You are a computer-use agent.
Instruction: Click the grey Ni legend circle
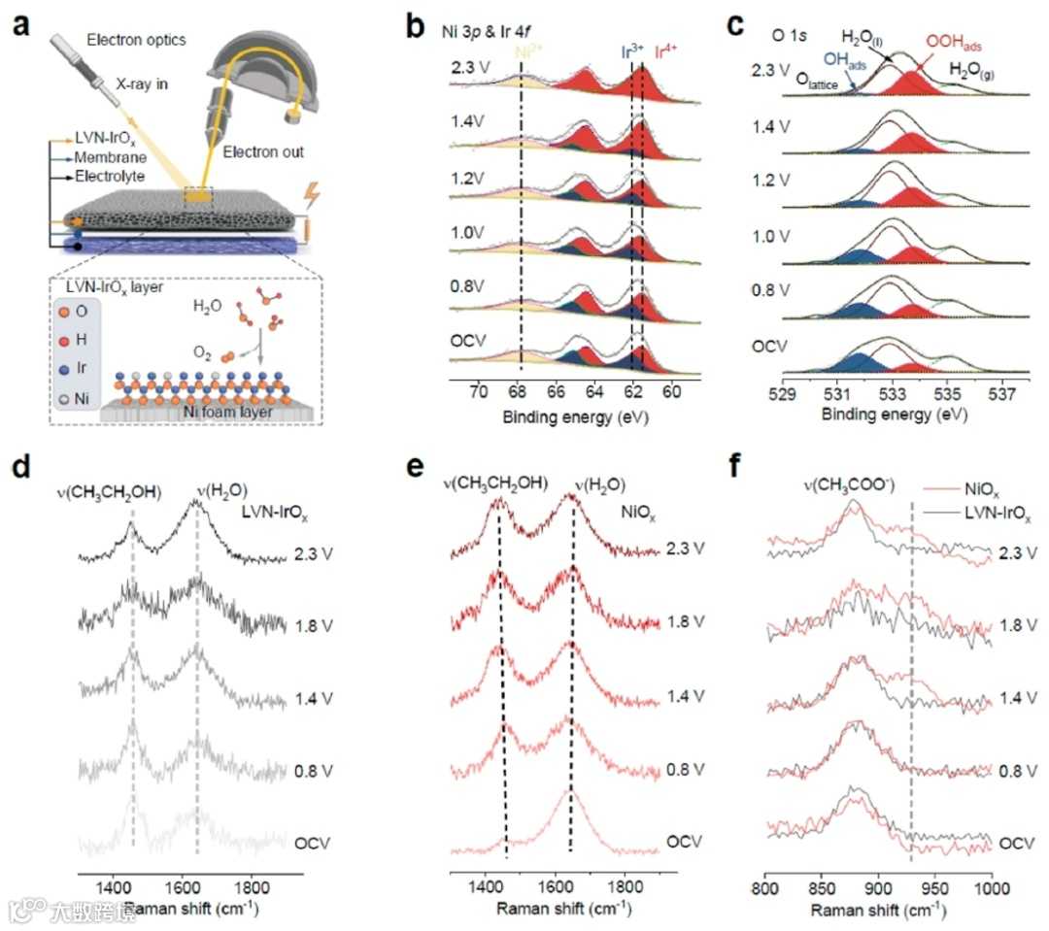click(x=63, y=397)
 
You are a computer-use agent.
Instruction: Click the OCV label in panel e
click(x=685, y=840)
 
